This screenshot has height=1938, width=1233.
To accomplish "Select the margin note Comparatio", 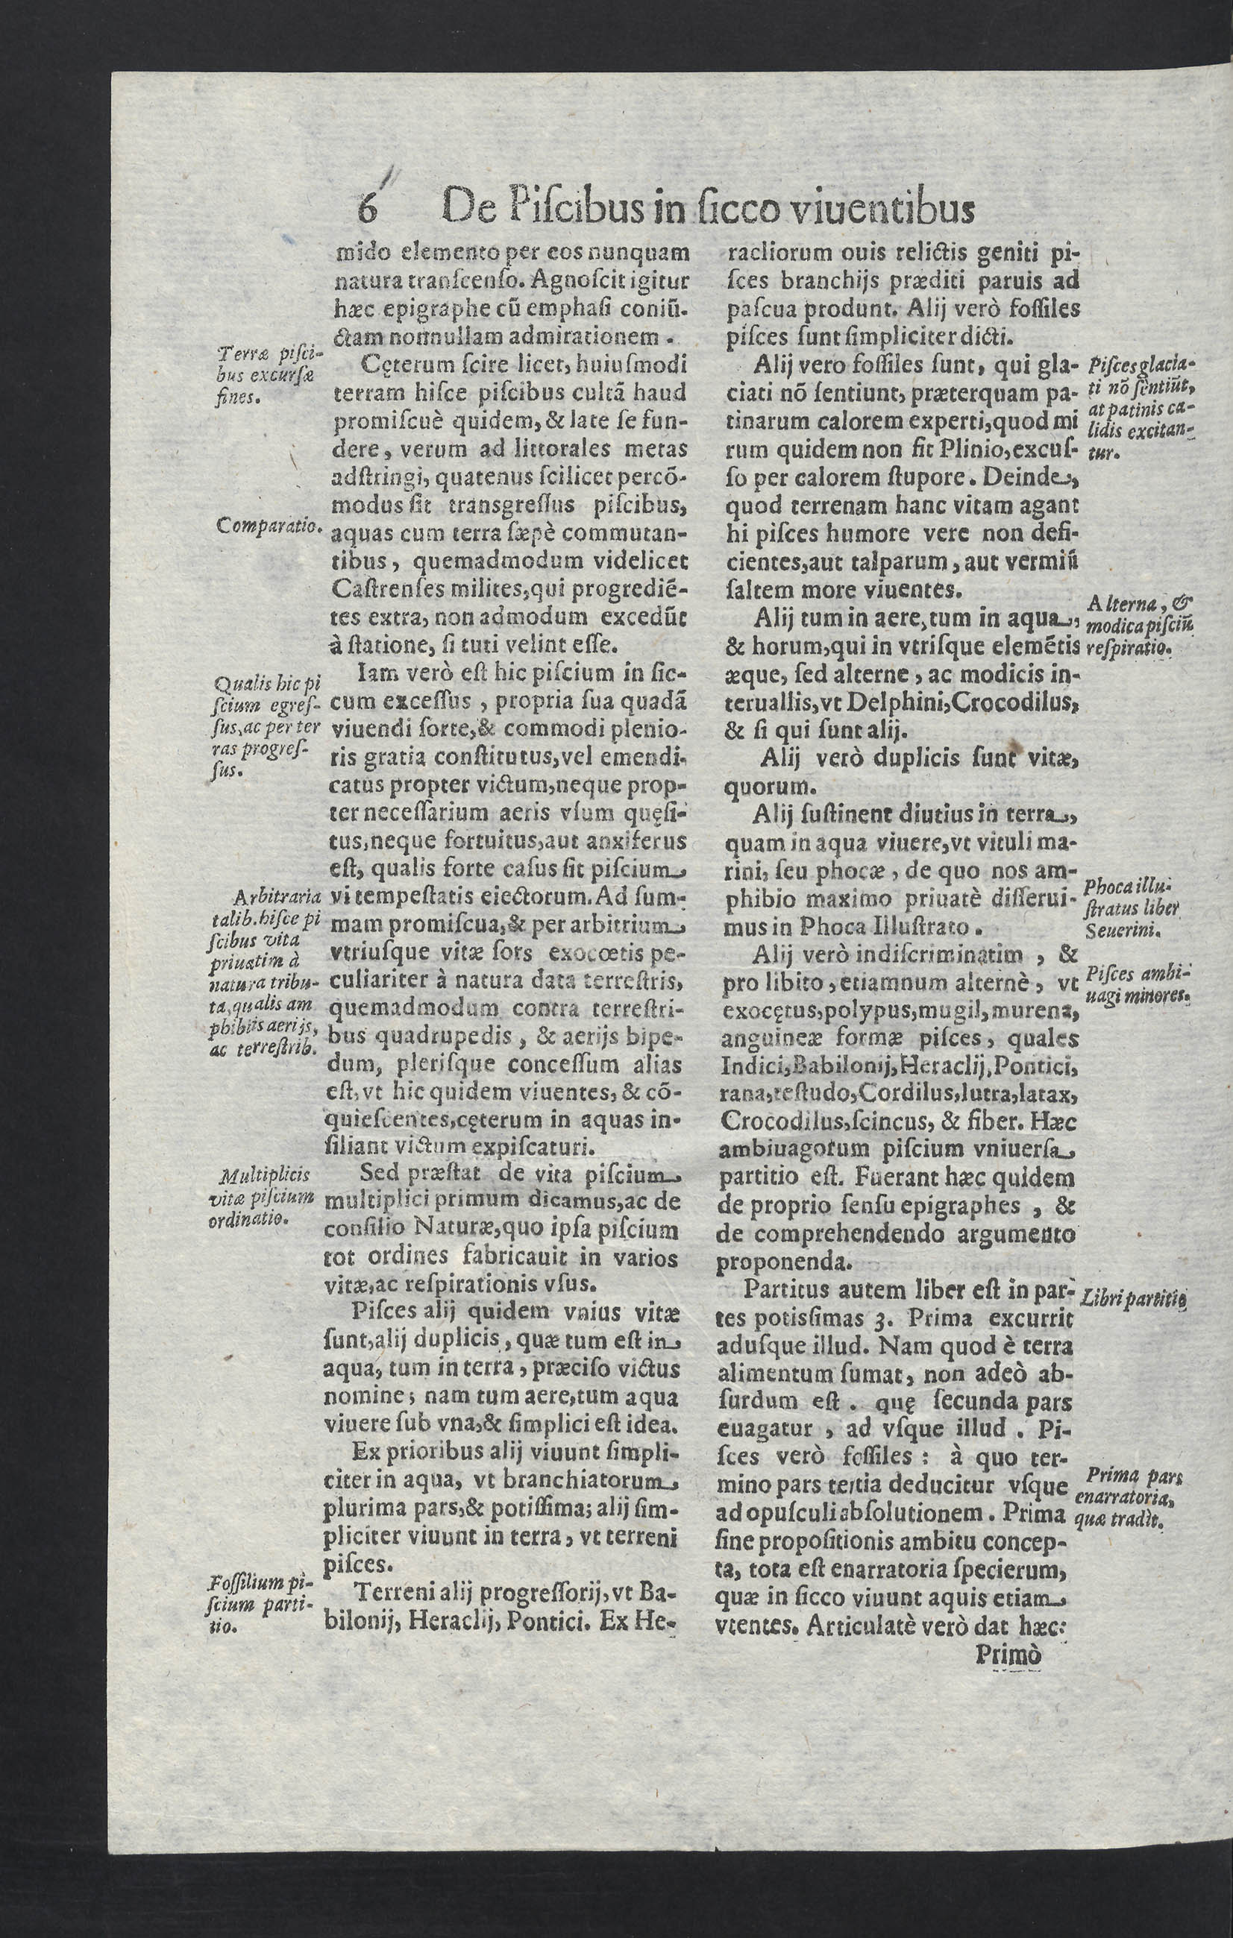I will point(269,526).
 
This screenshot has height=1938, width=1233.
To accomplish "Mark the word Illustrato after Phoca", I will point(915,926).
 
